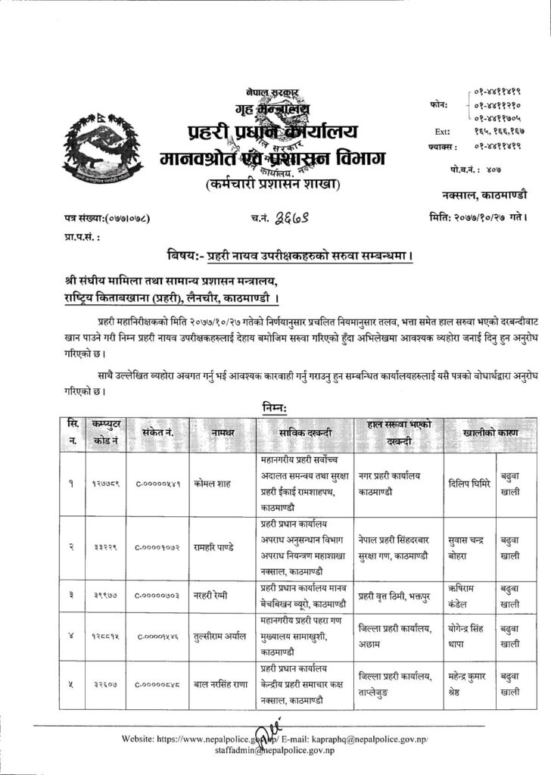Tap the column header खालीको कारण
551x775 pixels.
478,432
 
